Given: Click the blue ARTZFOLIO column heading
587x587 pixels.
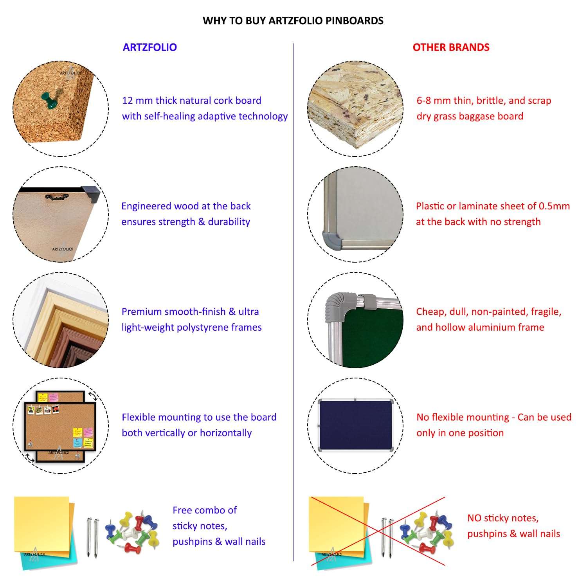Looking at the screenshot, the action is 150,47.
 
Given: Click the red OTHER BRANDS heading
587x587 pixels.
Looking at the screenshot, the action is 451,47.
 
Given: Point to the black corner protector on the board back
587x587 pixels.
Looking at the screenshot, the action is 91,195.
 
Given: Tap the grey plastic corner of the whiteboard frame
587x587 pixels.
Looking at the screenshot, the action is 332,238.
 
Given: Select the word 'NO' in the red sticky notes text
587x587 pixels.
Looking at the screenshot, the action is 474,518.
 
